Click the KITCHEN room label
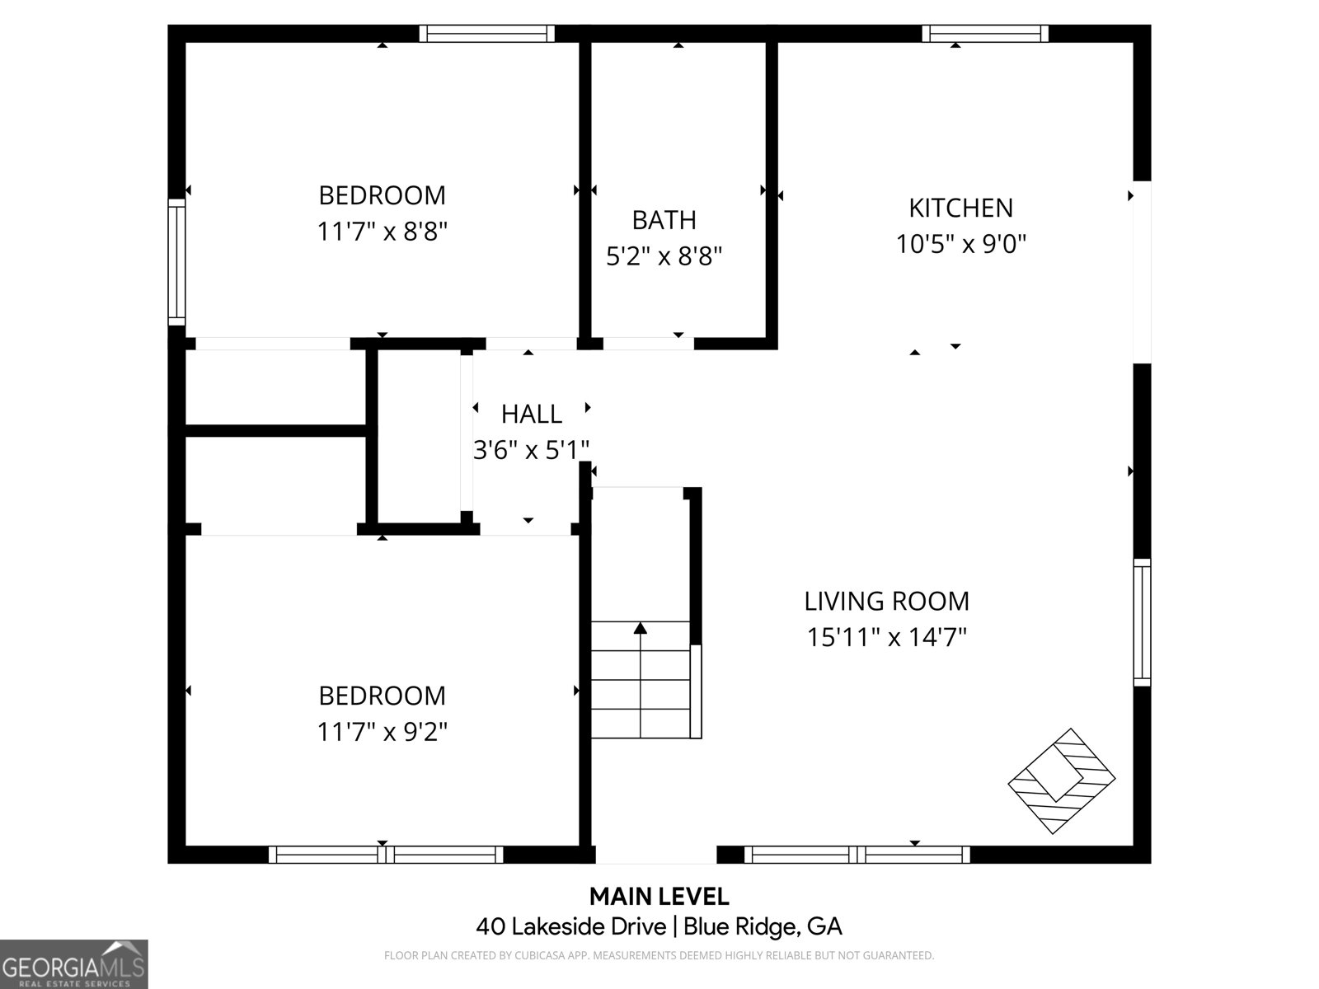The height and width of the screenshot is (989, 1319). pyautogui.click(x=960, y=208)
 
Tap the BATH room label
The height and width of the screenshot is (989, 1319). pyautogui.click(x=664, y=220)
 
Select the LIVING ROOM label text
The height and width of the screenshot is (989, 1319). pyautogui.click(x=886, y=601)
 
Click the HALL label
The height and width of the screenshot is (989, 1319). pyautogui.click(x=531, y=414)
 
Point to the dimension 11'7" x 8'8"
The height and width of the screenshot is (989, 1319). pyautogui.click(x=382, y=232)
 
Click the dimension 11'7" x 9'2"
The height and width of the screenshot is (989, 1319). pyautogui.click(x=382, y=732)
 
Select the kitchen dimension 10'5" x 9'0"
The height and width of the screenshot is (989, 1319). pyautogui.click(x=960, y=245)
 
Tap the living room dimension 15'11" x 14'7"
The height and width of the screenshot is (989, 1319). pyautogui.click(x=886, y=638)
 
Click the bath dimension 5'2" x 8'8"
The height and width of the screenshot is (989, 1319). pyautogui.click(x=664, y=257)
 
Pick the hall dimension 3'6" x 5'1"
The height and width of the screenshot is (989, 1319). pyautogui.click(x=531, y=450)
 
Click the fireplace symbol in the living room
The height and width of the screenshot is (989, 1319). pyautogui.click(x=1062, y=780)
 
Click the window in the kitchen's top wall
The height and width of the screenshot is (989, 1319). pyautogui.click(x=984, y=33)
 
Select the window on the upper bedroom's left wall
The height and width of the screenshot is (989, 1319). pyautogui.click(x=176, y=261)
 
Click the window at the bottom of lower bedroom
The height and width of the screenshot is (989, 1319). pyautogui.click(x=386, y=855)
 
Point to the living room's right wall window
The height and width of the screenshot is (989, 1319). pyautogui.click(x=1142, y=621)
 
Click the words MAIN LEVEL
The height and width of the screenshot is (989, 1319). pyautogui.click(x=659, y=896)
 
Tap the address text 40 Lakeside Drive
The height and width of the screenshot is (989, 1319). pyautogui.click(x=570, y=926)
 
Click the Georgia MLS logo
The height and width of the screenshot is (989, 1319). pyautogui.click(x=73, y=963)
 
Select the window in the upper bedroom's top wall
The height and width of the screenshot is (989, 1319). pyautogui.click(x=486, y=33)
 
